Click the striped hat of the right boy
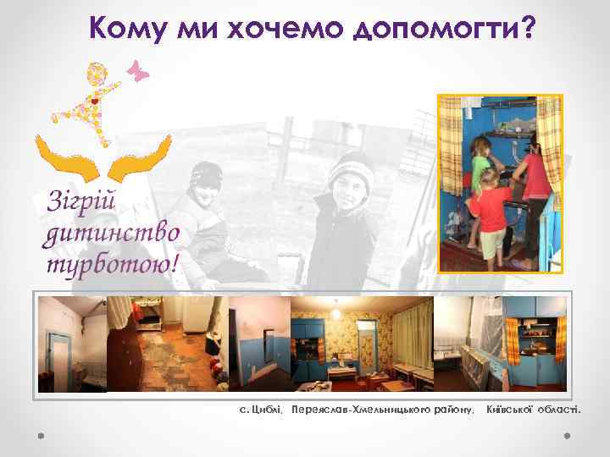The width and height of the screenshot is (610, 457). pos(348,168)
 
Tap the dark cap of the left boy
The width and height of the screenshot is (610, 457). pos(206,175)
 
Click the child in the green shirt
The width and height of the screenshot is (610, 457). pos(480,157)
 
